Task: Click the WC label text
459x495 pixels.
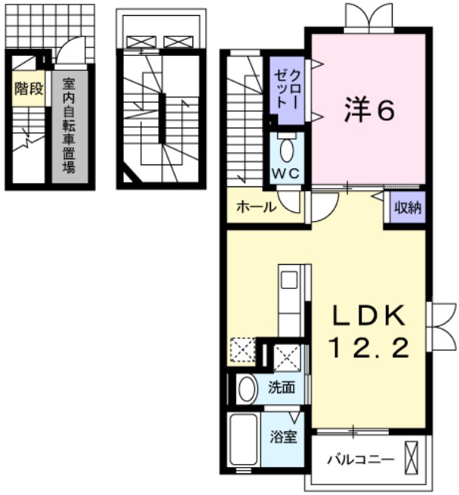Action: click(287, 173)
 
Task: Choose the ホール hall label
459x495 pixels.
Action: click(255, 207)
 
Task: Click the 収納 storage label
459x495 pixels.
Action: click(407, 205)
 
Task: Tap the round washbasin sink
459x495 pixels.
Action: click(246, 389)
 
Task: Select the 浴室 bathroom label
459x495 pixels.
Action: click(284, 437)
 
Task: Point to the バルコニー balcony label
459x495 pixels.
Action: click(359, 459)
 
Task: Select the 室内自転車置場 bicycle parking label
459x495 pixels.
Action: click(69, 125)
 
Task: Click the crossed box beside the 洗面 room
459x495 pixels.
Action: click(288, 357)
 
